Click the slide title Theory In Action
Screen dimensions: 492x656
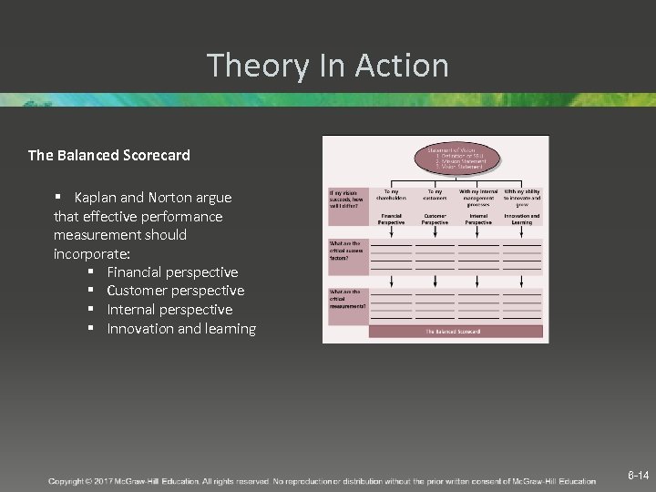327,66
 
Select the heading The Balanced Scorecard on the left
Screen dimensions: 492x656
109,155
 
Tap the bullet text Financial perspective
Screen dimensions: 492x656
172,272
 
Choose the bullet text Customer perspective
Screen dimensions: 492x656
175,291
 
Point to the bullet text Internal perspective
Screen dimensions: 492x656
169,310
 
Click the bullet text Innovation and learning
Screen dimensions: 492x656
181,329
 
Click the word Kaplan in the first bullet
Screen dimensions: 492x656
95,198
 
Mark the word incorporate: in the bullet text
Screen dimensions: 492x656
91,253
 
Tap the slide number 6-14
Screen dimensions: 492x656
638,476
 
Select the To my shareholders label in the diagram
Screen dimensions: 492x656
392,198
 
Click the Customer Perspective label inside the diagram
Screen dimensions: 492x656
435,220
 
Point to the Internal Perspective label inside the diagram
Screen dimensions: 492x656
478,220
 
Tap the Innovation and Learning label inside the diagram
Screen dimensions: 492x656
522,220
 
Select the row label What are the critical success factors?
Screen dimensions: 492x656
346,251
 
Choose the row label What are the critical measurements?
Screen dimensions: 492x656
347,300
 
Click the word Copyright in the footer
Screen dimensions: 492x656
68,480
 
